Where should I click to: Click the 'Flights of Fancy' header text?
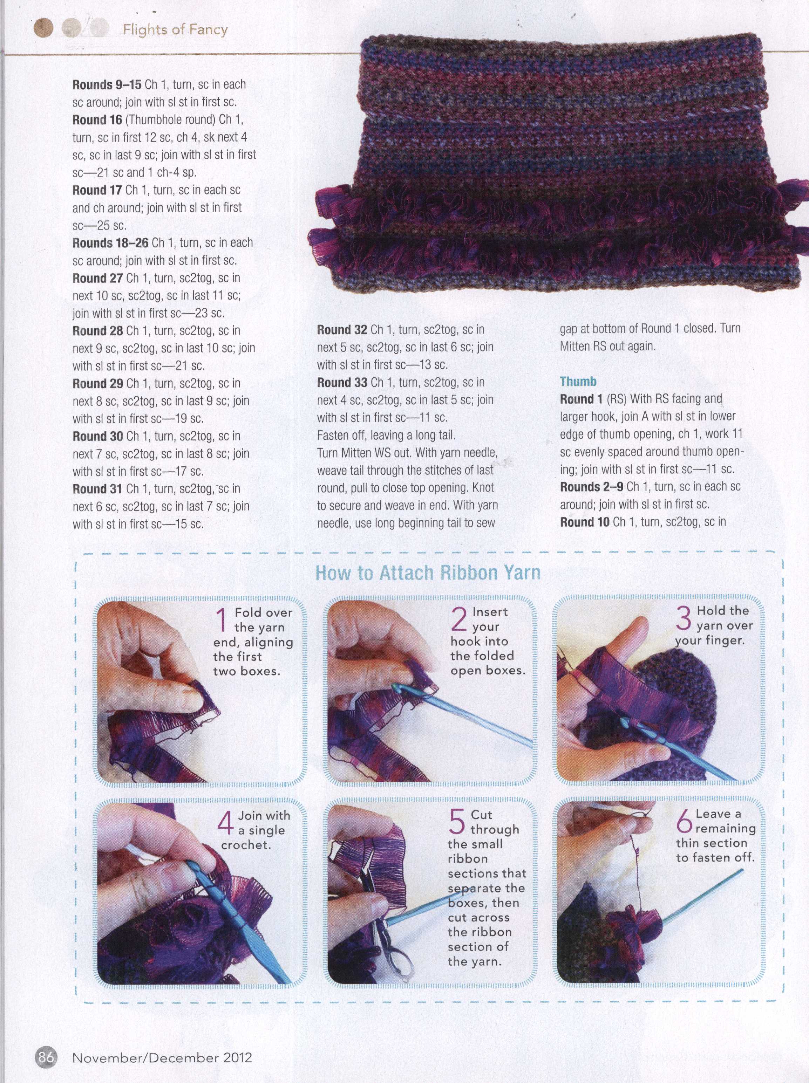click(x=175, y=30)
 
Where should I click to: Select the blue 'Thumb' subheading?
click(x=578, y=381)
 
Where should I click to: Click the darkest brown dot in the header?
click(x=43, y=28)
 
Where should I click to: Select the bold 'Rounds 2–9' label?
click(x=592, y=487)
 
